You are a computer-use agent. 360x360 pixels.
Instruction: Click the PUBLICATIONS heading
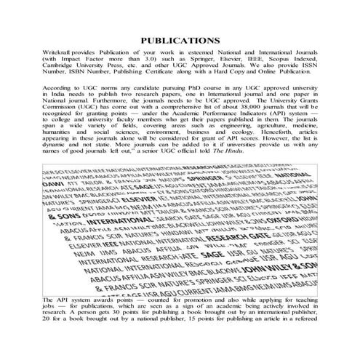pyautogui.click(x=180, y=41)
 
